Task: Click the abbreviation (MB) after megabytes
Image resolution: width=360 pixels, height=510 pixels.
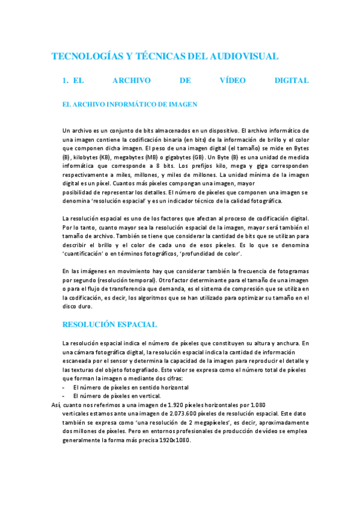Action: [150, 156]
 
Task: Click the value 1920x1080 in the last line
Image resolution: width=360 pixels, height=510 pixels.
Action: [176, 440]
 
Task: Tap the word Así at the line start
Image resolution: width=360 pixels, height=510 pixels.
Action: [58, 405]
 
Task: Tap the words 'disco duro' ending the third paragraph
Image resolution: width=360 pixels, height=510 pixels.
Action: [77, 306]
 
